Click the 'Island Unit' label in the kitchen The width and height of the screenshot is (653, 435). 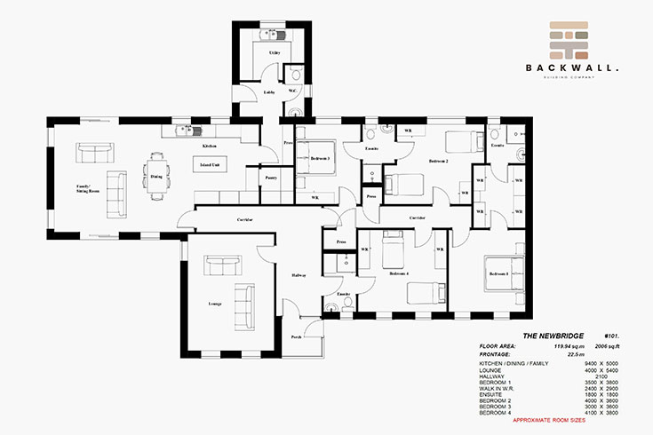coord(211,165)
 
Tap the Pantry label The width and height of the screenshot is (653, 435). coord(271,178)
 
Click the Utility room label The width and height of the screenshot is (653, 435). coord(275,53)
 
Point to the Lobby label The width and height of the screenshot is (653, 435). coord(268,91)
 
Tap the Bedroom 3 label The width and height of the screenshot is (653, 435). coord(320,158)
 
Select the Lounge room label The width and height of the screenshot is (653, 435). coord(215,304)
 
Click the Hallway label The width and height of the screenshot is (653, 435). coord(299,276)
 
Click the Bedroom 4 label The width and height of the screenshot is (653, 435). coord(398,273)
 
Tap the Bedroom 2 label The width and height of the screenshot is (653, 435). coord(437,162)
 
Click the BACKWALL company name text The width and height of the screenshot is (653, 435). coord(571,67)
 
